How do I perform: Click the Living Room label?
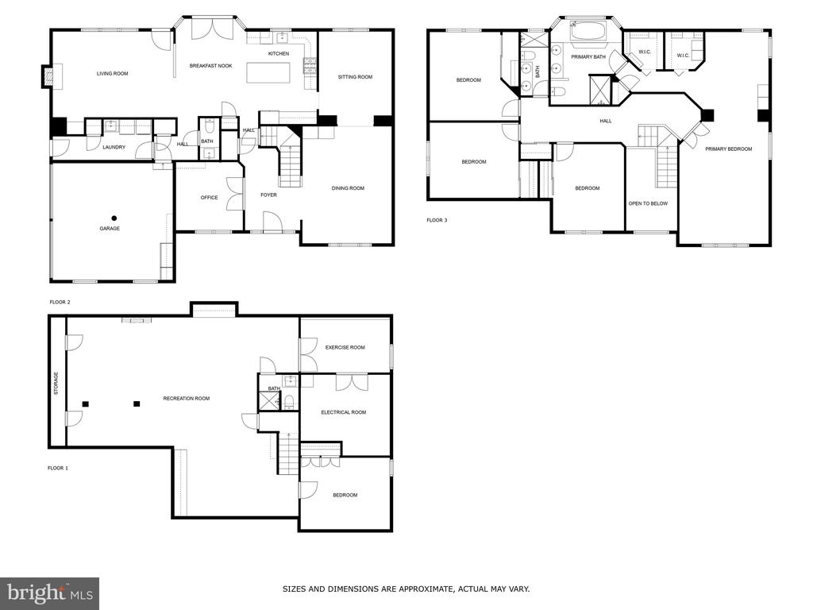112,74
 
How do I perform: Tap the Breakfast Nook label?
210,66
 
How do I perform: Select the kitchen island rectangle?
268,72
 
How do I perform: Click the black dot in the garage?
114,218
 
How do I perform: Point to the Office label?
209,198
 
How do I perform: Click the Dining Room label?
348,188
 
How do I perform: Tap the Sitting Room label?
355,77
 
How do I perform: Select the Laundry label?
114,147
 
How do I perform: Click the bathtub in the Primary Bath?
588,31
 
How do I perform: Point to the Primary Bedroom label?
728,149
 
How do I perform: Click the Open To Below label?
648,203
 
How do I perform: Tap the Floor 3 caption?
437,220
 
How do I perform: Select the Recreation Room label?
186,399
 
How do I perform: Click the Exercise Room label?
345,348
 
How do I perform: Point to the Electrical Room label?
343,412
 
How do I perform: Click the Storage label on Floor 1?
56,384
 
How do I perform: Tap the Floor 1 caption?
57,468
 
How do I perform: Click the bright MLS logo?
50,593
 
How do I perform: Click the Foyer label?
268,195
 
